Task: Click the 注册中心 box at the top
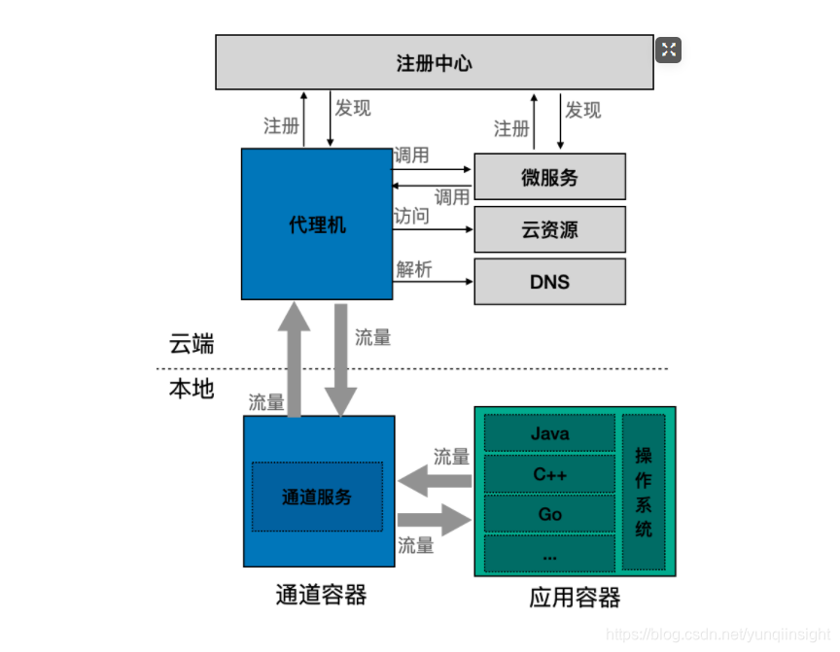[434, 63]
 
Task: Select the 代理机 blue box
[317, 224]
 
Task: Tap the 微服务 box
[549, 177]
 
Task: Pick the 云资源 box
[549, 230]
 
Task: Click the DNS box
[549, 282]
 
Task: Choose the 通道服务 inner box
[317, 497]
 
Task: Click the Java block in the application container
[549, 433]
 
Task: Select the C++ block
[549, 474]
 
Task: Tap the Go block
[549, 514]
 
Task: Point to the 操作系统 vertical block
[644, 492]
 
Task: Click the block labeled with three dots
[549, 554]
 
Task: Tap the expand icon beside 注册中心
[668, 51]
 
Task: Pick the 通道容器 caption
[321, 594]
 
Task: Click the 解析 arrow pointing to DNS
[434, 282]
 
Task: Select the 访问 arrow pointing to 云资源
[434, 229]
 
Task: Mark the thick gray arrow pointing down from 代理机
[341, 360]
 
